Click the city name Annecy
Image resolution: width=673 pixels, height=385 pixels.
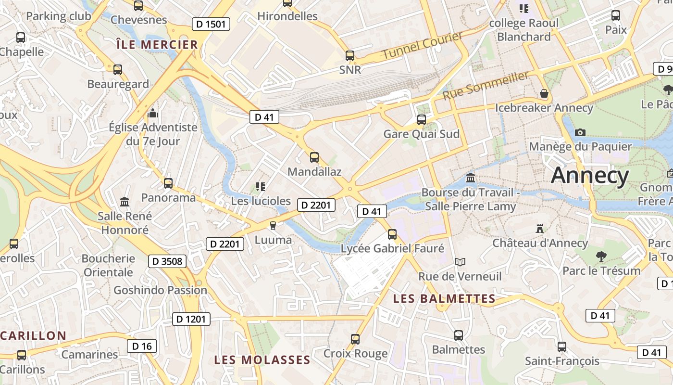[x=590, y=176]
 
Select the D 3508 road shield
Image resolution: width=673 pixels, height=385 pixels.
[x=167, y=261]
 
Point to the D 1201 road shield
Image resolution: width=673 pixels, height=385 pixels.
[x=191, y=319]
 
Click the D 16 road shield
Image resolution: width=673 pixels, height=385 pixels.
[x=142, y=346]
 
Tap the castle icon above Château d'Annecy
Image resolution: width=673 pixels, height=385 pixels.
[x=539, y=228]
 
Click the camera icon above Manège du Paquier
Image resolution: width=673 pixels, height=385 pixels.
[x=580, y=132]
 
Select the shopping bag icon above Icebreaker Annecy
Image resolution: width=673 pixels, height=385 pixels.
[x=544, y=93]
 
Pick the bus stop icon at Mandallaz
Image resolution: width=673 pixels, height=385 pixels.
[x=314, y=157]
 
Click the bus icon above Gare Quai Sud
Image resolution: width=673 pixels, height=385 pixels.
[x=422, y=119]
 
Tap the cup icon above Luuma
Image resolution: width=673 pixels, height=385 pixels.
[x=273, y=225]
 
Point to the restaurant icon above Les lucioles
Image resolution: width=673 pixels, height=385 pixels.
[x=261, y=186]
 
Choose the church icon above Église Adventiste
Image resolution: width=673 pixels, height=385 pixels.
[x=153, y=113]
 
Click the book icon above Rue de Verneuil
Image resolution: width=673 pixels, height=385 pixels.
[x=460, y=262]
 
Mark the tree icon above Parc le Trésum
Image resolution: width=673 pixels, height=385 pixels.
[x=601, y=256]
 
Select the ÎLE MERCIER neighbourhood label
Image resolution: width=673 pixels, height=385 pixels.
[x=157, y=45]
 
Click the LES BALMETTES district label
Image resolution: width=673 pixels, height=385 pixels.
[x=444, y=299]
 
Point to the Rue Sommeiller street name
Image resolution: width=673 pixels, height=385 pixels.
[x=485, y=85]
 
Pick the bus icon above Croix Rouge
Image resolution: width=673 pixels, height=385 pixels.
[x=355, y=339]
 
